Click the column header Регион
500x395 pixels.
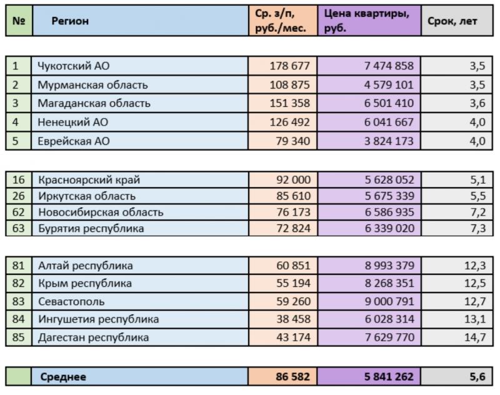[70, 21]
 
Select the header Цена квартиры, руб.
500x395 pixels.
[367, 21]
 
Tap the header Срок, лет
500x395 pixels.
[452, 21]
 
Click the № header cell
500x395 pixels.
[19, 21]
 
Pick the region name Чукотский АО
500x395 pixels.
[73, 66]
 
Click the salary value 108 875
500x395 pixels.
[289, 85]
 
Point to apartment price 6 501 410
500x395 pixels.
[389, 103]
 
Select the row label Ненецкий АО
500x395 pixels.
[72, 122]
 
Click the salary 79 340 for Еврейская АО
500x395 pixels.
[292, 141]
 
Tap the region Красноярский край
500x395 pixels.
[89, 180]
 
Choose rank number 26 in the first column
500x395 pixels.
[19, 196]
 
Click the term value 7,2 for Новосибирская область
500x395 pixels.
[478, 212]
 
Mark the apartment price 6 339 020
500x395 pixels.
[389, 228]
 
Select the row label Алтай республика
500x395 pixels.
[86, 266]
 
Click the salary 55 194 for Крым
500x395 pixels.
[293, 283]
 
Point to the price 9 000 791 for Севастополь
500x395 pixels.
[389, 301]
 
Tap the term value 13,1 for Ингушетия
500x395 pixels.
[475, 319]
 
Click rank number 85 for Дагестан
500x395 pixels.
[19, 337]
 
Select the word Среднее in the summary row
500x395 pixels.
[63, 377]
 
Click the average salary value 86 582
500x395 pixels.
[292, 376]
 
